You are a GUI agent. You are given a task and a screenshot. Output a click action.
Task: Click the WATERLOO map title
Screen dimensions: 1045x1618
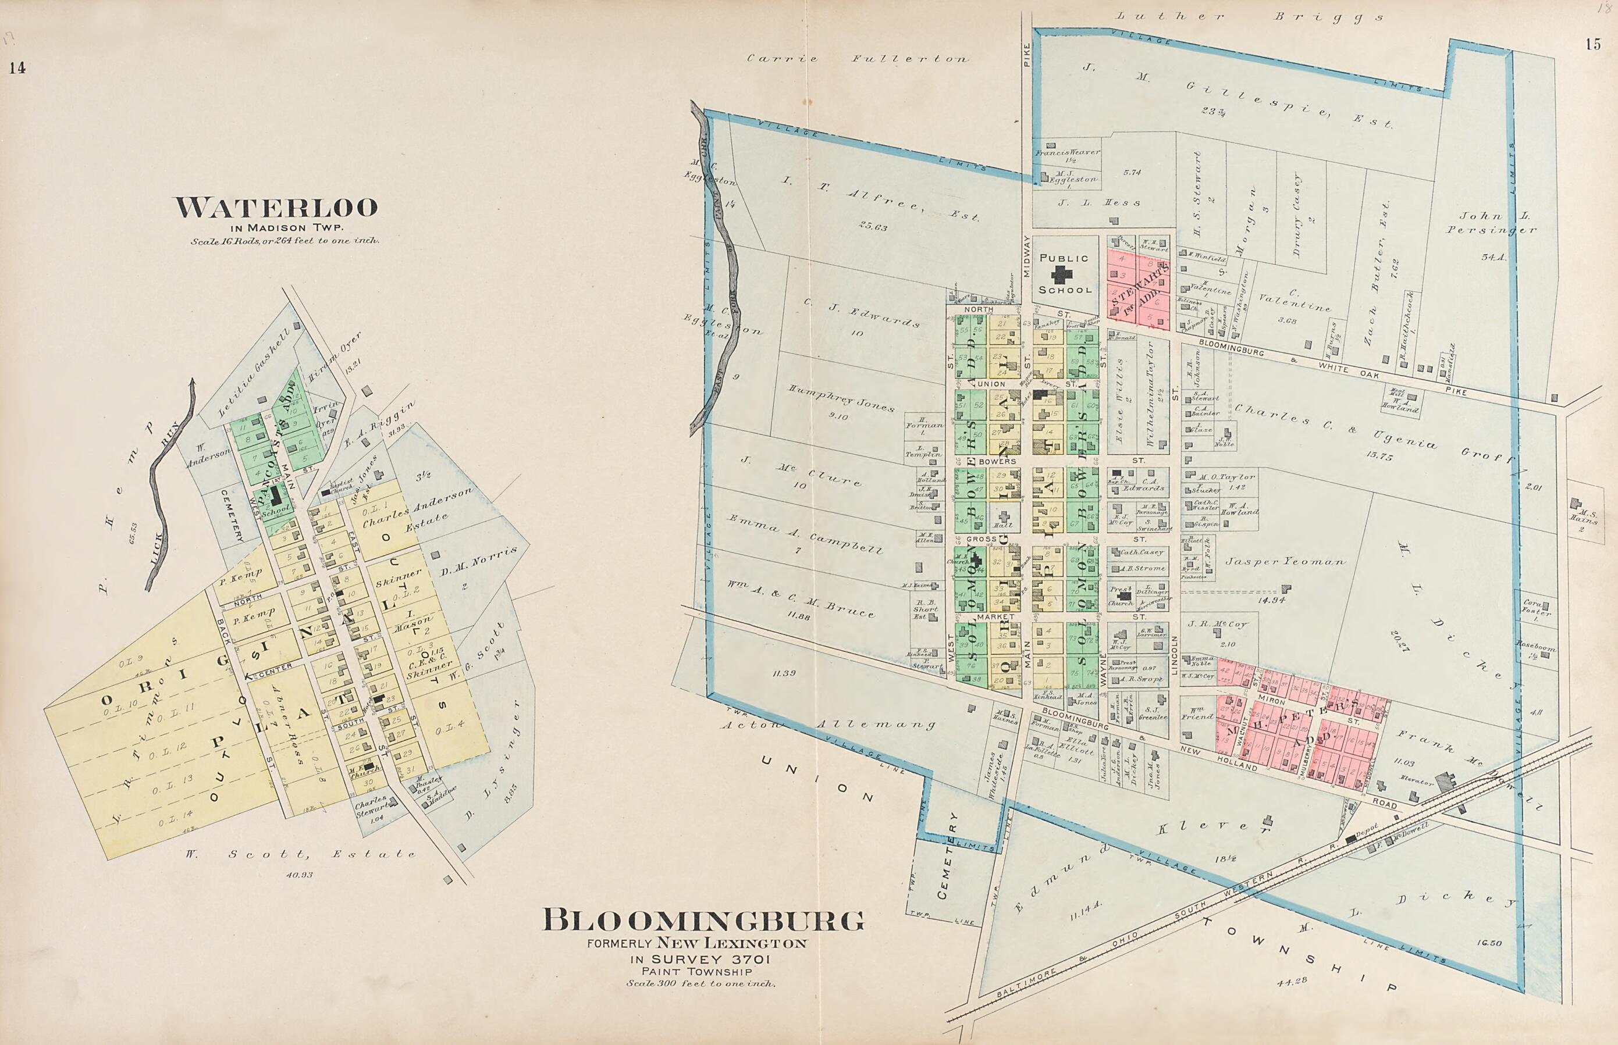[x=276, y=208]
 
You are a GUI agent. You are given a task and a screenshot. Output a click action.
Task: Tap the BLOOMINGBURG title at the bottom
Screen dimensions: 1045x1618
[x=704, y=921]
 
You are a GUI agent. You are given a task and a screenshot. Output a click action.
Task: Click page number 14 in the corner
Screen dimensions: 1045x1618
[x=17, y=68]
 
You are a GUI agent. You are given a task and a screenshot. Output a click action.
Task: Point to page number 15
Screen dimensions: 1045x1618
[x=1593, y=45]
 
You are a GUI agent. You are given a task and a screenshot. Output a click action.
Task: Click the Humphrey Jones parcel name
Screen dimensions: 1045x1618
[x=841, y=398]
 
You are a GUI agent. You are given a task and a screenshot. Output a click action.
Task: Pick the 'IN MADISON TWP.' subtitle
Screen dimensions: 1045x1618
[x=276, y=228]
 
